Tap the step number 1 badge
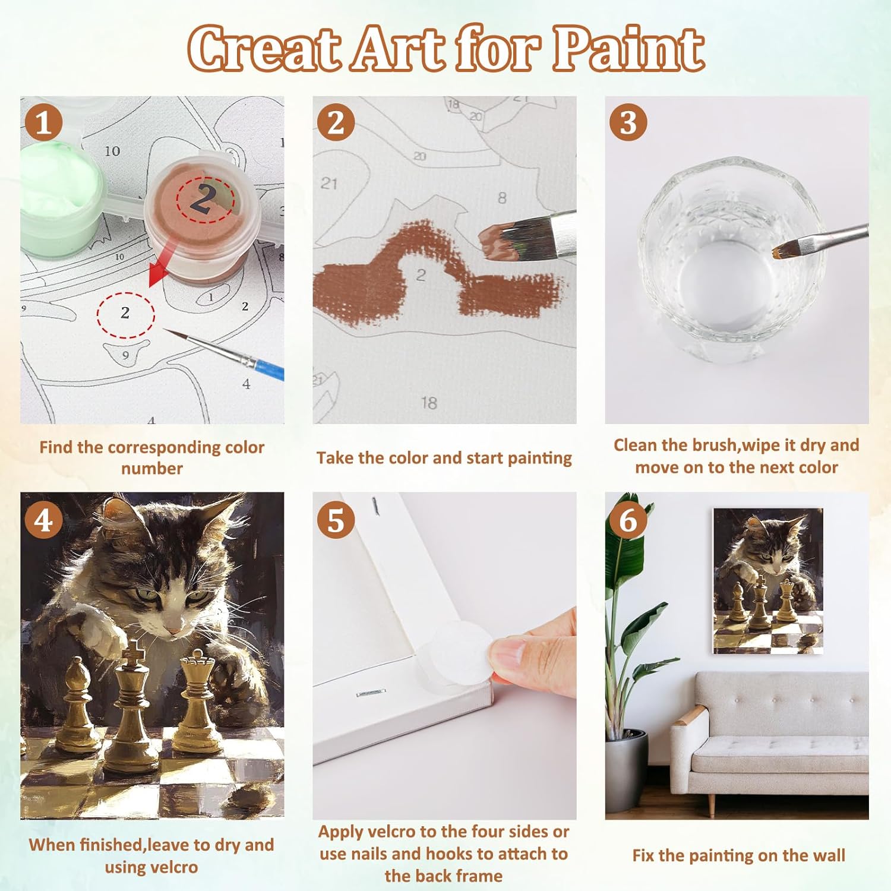(43, 123)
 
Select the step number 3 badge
(628, 123)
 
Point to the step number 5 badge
(336, 520)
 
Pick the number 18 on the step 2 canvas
(429, 403)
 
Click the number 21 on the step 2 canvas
(329, 184)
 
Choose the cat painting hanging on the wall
(768, 581)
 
